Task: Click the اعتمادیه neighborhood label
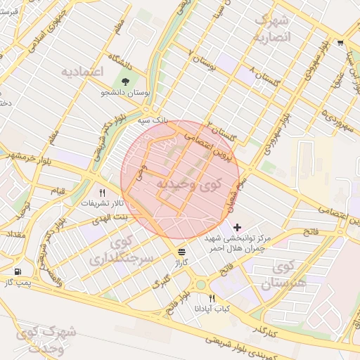pyautogui.click(x=83, y=72)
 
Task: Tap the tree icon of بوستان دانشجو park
pyautogui.click(x=124, y=81)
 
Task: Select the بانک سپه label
pyautogui.click(x=153, y=121)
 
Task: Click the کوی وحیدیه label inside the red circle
pyautogui.click(x=186, y=185)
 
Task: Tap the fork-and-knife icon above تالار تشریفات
pyautogui.click(x=103, y=193)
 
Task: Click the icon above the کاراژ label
pyautogui.click(x=182, y=251)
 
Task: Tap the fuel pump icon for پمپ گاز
pyautogui.click(x=17, y=271)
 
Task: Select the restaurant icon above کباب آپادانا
pyautogui.click(x=212, y=298)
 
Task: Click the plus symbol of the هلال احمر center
pyautogui.click(x=236, y=227)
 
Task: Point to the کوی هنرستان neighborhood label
pyautogui.click(x=285, y=275)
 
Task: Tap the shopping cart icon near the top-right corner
pyautogui.click(x=341, y=42)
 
